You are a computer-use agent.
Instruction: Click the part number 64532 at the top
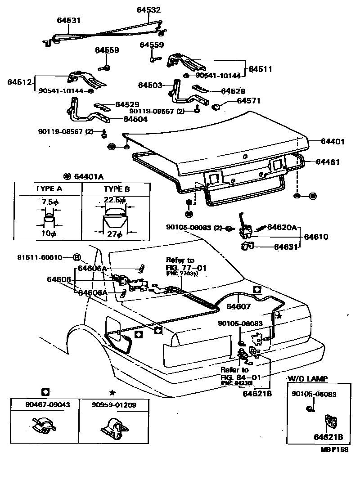tap(148, 9)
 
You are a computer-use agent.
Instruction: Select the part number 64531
tap(68, 20)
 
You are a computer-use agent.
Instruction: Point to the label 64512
tap(19, 82)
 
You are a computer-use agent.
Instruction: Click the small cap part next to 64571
tap(216, 107)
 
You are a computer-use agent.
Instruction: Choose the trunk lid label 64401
tap(333, 141)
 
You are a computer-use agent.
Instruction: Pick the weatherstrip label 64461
tap(327, 162)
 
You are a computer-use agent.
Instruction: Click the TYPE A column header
tap(48, 189)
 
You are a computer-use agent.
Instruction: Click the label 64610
tap(316, 237)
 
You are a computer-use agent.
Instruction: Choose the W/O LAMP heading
tap(308, 378)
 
